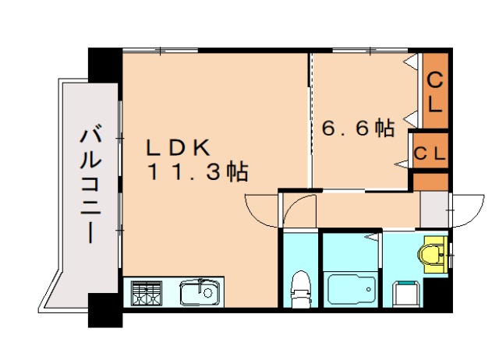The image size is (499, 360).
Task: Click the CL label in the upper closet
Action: point(434,91)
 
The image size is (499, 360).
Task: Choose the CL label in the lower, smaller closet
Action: point(429,153)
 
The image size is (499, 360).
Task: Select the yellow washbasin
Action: point(430,254)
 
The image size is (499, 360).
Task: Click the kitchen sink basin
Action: point(198,294)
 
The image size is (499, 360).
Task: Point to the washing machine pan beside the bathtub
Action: point(405,294)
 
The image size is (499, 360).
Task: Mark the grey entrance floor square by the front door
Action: point(433,208)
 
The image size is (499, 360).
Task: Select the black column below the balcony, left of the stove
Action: point(104,309)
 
